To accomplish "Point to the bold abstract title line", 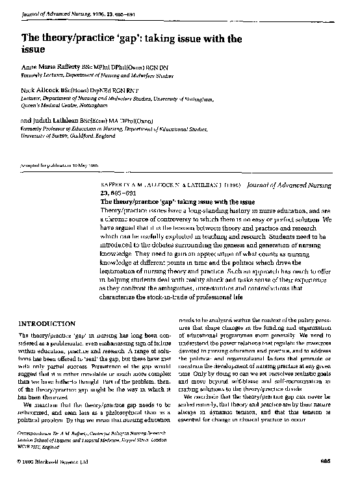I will click(x=172, y=202).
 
